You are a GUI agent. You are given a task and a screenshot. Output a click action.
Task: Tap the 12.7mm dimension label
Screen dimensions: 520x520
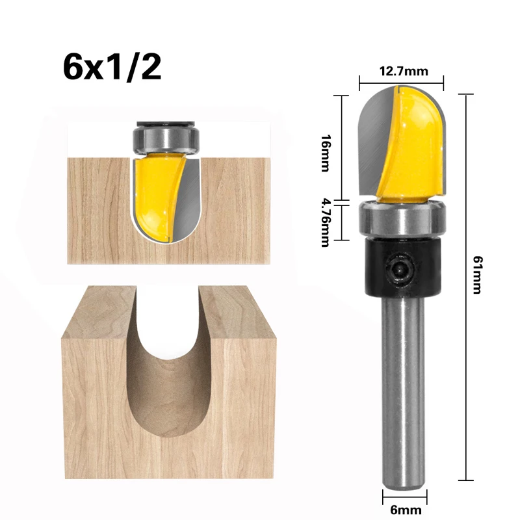coord(400,71)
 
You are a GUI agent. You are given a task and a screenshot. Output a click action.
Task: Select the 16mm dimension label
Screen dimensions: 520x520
coord(325,153)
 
